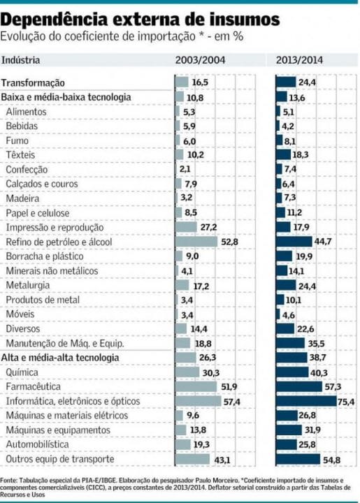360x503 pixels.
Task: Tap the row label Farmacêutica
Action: click(x=33, y=386)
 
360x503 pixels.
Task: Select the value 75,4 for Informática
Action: click(x=346, y=402)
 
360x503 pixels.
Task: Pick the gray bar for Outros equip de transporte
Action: click(x=193, y=459)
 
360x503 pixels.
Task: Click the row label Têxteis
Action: click(x=20, y=154)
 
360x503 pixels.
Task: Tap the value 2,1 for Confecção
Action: click(x=185, y=169)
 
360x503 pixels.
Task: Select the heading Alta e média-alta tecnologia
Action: click(x=59, y=358)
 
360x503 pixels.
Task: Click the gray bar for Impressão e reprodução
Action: click(x=186, y=227)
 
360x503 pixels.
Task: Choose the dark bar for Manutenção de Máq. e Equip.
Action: click(x=290, y=343)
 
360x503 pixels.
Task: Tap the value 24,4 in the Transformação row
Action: click(x=308, y=82)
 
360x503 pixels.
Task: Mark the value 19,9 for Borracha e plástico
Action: click(x=304, y=256)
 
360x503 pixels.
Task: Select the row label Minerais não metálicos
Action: click(x=47, y=270)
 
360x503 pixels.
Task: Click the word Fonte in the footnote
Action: click(x=10, y=481)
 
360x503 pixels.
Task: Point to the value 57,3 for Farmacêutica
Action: click(x=333, y=386)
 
